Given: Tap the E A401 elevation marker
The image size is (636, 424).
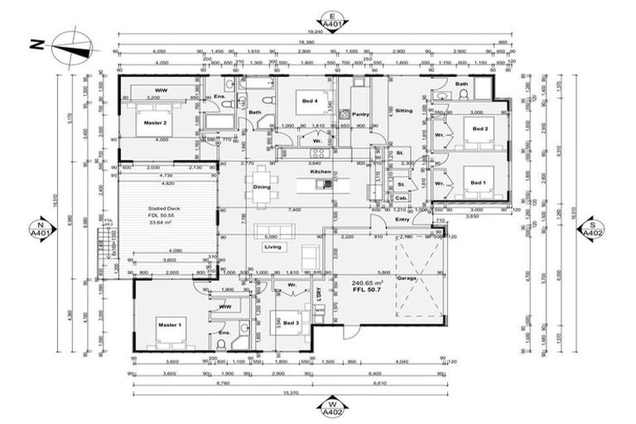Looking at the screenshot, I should tap(330, 22).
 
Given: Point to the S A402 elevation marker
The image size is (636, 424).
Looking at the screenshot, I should tap(591, 229).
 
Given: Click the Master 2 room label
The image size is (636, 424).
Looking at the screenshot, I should tap(155, 123).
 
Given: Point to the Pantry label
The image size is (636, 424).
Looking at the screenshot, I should tap(359, 114).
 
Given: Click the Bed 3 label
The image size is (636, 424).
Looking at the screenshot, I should tap(290, 322).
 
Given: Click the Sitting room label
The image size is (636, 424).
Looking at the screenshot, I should tap(403, 110).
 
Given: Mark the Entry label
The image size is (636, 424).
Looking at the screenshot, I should tap(402, 219).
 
